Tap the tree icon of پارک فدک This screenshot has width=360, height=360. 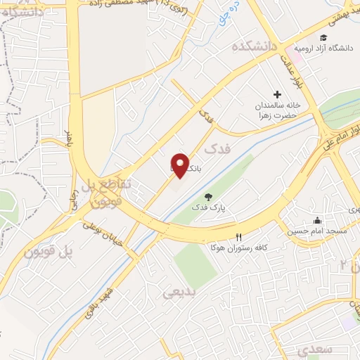(207, 197)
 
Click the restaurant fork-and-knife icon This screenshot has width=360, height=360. (239, 238)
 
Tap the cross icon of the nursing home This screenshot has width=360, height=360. (277, 94)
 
